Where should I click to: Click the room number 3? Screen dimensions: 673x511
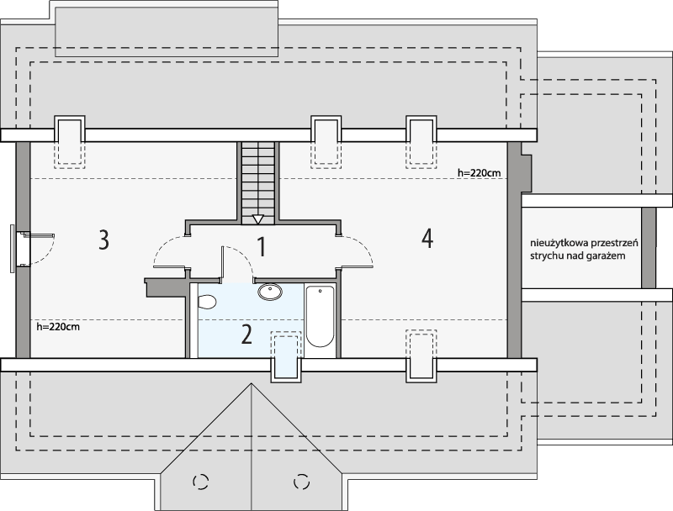(x=103, y=240)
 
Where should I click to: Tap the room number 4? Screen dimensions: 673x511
(x=427, y=238)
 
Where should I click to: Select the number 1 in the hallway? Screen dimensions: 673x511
(x=261, y=247)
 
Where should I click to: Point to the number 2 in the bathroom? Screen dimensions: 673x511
(x=246, y=335)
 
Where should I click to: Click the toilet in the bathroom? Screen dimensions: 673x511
(x=207, y=302)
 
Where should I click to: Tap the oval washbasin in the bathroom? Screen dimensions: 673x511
(x=270, y=292)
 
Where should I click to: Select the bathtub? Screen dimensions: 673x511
(x=320, y=316)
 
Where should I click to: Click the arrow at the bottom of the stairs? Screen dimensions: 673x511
(x=257, y=219)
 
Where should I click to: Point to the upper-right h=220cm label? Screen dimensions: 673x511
(x=479, y=173)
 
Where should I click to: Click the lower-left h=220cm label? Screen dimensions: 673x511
(x=58, y=327)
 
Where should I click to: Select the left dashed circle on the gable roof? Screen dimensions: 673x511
(x=200, y=482)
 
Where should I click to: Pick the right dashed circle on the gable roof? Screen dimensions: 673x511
(x=301, y=482)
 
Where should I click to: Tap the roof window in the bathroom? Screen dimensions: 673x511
(x=286, y=356)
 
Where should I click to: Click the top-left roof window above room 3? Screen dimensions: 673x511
(x=70, y=140)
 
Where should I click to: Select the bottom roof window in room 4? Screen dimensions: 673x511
(x=421, y=355)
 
